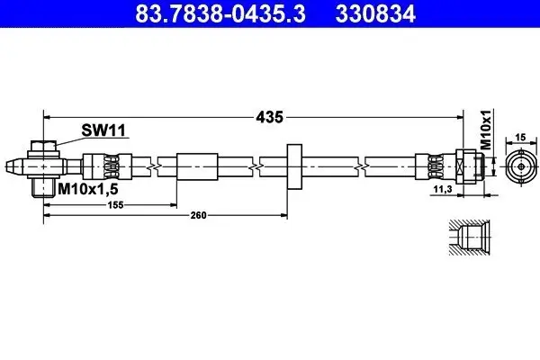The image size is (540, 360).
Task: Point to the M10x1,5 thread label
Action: [89, 190]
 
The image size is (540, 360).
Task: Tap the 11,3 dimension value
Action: [444, 190]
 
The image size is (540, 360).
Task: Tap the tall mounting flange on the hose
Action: [293, 166]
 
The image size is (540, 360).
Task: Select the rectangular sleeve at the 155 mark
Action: [197, 166]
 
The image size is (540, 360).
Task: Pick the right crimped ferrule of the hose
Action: [430, 166]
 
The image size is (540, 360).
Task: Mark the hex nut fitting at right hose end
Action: [467, 166]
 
